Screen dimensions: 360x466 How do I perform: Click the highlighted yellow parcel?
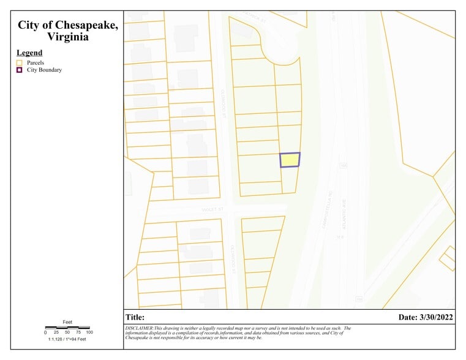pos(290,160)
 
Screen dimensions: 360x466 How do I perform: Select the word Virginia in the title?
pos(67,37)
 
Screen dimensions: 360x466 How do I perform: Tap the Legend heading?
pos(29,53)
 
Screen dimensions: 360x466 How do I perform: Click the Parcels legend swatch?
pos(20,62)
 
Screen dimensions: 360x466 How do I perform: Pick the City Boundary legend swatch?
pos(20,70)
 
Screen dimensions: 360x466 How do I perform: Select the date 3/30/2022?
pos(437,317)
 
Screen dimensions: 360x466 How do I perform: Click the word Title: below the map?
pos(135,317)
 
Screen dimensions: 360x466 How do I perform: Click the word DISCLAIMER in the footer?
pos(140,328)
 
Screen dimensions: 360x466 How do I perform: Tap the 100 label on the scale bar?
pos(89,332)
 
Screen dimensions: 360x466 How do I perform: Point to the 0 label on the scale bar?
pos(45,332)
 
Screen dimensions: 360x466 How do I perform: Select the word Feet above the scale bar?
pos(67,322)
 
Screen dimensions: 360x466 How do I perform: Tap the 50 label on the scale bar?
pos(67,332)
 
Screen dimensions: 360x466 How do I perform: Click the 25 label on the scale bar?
pos(56,332)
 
